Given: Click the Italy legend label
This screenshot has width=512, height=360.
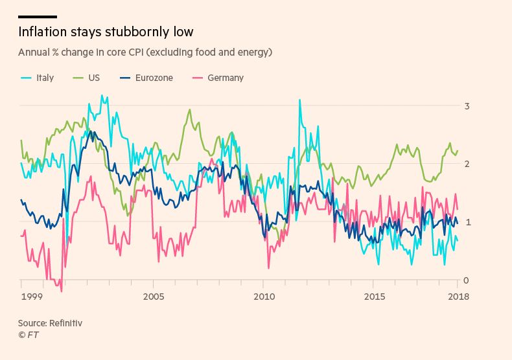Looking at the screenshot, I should (45, 78).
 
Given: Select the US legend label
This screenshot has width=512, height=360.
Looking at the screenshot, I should (94, 78).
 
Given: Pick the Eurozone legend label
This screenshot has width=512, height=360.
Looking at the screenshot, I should (154, 78).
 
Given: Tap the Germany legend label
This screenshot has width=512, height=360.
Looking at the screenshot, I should (226, 78).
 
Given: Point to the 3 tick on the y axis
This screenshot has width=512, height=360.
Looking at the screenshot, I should (467, 106).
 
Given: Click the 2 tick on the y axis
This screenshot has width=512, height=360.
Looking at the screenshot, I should (467, 164).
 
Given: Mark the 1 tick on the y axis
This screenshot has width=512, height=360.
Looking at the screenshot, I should (467, 222).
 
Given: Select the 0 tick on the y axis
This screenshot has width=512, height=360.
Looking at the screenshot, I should (467, 280).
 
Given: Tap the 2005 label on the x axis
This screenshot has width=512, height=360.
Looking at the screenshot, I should (153, 296).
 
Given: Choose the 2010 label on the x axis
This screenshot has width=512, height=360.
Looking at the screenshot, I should (263, 296).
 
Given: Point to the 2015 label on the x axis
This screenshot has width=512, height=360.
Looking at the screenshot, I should (373, 296).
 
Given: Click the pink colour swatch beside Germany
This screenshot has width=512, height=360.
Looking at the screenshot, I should (198, 78).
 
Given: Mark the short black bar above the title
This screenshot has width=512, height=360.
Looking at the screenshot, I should (37, 17).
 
